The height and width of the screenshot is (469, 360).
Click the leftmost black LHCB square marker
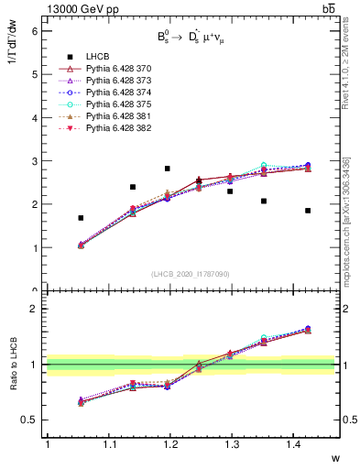click(81, 218)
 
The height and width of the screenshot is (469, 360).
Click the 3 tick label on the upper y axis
click(36, 161)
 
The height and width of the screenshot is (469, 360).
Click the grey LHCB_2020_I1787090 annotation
click(191, 274)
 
